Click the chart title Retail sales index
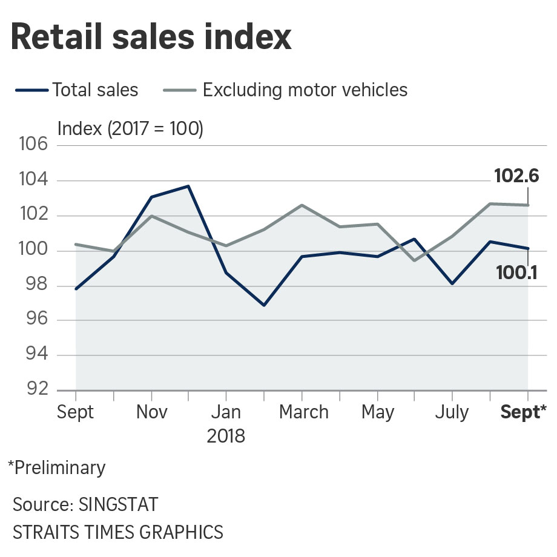click(x=151, y=38)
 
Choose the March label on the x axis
click(x=303, y=412)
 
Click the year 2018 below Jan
click(x=226, y=436)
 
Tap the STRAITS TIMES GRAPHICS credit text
click(x=118, y=532)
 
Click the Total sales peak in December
click(x=188, y=186)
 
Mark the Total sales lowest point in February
click(x=264, y=305)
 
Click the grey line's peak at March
click(x=302, y=205)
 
